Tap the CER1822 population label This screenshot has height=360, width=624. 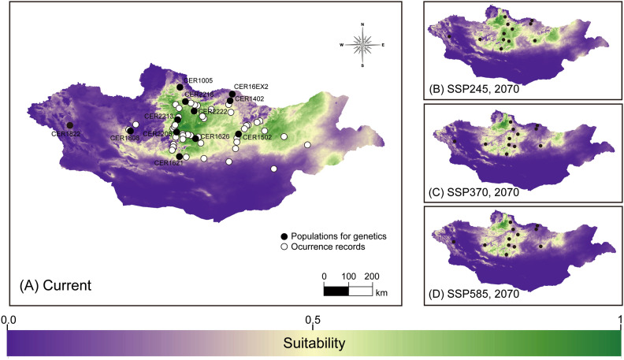(65, 134)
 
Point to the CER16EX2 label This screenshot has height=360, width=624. (251, 86)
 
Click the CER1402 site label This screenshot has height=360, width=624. (249, 98)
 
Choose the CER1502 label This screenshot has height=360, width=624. (256, 138)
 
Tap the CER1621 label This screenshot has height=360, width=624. (168, 162)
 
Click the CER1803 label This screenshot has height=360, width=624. (124, 139)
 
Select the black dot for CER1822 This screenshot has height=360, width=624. (70, 125)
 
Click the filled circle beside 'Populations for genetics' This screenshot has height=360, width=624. (285, 236)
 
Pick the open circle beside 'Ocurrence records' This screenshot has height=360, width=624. (285, 247)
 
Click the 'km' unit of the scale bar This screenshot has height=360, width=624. (381, 291)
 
